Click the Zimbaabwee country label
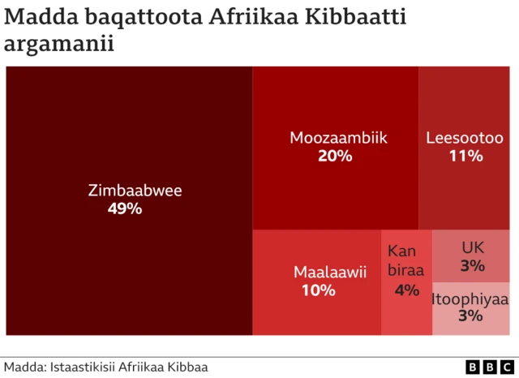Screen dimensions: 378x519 (135, 191)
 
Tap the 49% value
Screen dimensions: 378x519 (125, 209)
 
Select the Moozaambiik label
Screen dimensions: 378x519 (338, 138)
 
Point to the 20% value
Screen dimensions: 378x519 (335, 156)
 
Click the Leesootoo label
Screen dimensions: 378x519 (465, 138)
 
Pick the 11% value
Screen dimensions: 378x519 (465, 156)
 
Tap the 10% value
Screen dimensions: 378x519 (318, 290)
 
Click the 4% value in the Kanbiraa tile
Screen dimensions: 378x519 (406, 290)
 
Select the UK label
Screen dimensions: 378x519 (472, 247)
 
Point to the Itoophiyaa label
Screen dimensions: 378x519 (470, 299)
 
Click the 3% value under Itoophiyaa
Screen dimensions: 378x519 (470, 316)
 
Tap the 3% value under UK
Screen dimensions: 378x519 (472, 265)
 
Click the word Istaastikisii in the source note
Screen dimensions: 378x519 (85, 367)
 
